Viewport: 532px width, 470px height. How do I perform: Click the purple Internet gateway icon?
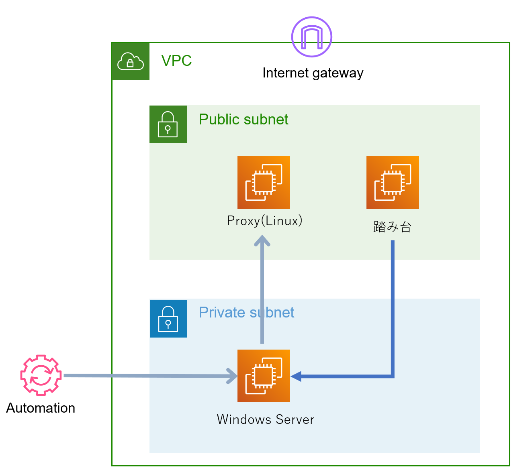(x=311, y=37)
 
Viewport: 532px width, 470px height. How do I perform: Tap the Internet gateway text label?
(x=313, y=73)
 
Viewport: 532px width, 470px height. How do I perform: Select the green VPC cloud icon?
(x=131, y=61)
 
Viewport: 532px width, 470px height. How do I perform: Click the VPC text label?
(x=176, y=61)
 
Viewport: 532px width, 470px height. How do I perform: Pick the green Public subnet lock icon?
(x=168, y=124)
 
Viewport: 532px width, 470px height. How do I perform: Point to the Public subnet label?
(x=243, y=120)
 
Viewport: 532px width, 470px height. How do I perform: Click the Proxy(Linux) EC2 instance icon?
(x=264, y=182)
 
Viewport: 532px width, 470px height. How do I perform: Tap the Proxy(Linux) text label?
(x=264, y=221)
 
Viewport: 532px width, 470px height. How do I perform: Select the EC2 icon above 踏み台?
(x=393, y=182)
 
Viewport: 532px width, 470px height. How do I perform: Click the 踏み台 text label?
(x=392, y=227)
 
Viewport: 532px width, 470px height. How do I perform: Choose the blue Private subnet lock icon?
(x=168, y=319)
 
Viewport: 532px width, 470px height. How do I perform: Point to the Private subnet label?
(x=246, y=313)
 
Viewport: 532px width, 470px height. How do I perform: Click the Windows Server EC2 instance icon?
(x=264, y=376)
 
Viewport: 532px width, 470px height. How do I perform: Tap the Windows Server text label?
(x=265, y=419)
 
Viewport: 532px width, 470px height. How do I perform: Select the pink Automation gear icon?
(x=41, y=375)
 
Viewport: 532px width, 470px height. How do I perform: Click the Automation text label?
(x=41, y=408)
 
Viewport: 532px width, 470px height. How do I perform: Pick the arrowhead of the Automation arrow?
(x=233, y=376)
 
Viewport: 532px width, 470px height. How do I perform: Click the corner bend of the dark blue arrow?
(x=393, y=376)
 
